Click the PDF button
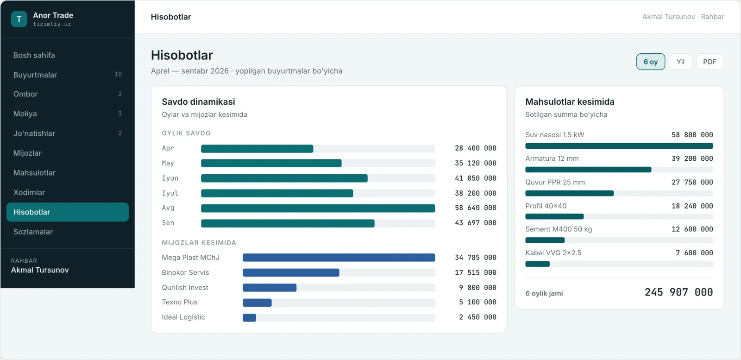click(710, 62)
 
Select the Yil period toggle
click(680, 62)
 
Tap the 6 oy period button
click(650, 62)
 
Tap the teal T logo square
click(19, 19)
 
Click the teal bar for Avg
click(318, 208)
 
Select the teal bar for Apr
click(257, 149)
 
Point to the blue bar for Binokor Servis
click(291, 272)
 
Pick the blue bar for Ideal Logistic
click(249, 318)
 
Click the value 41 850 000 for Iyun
click(475, 178)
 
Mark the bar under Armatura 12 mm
click(588, 170)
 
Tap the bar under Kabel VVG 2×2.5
click(537, 264)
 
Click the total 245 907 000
click(678, 292)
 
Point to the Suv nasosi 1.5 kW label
click(555, 135)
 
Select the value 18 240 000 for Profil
click(692, 206)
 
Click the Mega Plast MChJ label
click(190, 258)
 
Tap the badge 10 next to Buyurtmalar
click(118, 75)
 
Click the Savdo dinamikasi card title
click(198, 102)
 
